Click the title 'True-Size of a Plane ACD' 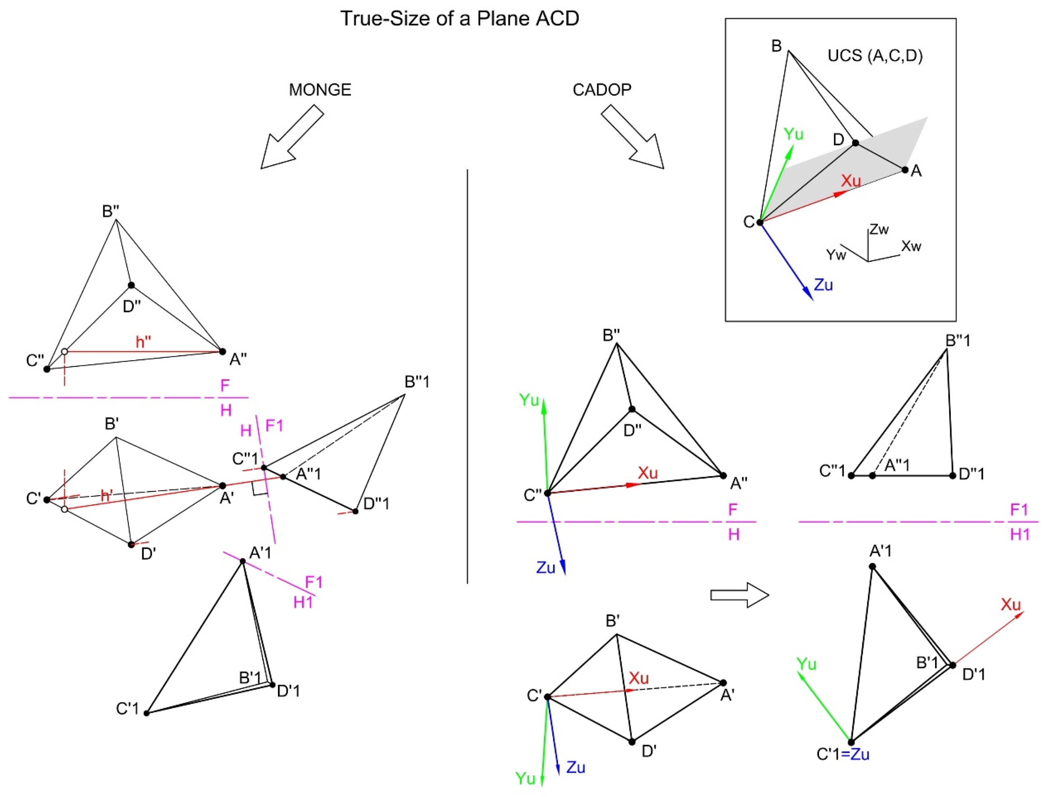pos(459,19)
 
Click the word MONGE pos(320,90)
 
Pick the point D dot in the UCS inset pos(855,143)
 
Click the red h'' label pos(143,342)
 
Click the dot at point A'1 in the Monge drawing pos(243,561)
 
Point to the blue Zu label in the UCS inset pos(823,285)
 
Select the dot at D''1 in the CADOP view pos(952,475)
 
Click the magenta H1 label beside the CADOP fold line pos(1019,535)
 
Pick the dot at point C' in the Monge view pos(47,500)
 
